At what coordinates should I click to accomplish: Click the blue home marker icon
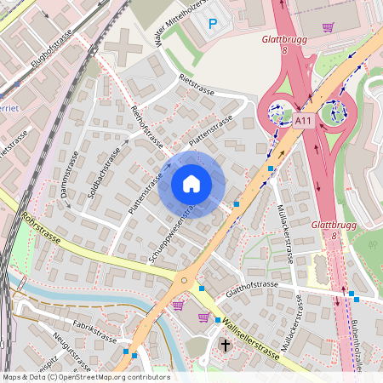[191, 183]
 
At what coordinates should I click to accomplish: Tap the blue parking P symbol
[213, 25]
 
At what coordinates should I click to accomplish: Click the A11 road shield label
[305, 122]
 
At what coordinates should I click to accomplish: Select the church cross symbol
[226, 345]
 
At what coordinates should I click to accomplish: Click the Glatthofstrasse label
[246, 285]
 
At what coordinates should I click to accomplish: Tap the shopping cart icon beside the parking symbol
[328, 26]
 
